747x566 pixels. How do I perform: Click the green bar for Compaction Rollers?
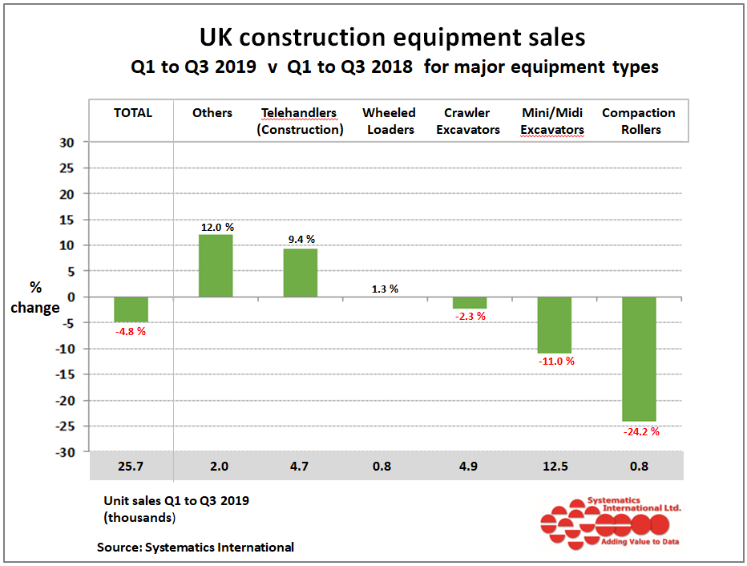(x=639, y=359)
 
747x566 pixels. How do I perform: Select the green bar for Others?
(x=216, y=265)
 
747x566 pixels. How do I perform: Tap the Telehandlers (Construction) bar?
(x=300, y=273)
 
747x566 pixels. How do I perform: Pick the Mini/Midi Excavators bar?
(x=555, y=325)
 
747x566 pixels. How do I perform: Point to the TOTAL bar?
(x=131, y=309)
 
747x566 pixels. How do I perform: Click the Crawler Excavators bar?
(x=470, y=302)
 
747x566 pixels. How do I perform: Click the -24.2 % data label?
(x=640, y=431)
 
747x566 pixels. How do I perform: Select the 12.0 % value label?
(x=216, y=228)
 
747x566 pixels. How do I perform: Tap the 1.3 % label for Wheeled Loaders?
(x=385, y=289)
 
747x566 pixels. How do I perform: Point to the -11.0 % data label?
(x=556, y=361)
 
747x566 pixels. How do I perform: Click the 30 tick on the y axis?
(x=67, y=143)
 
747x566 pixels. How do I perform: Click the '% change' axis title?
(x=45, y=297)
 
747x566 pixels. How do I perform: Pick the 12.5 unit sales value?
(x=555, y=466)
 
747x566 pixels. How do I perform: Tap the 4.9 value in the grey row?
(x=470, y=466)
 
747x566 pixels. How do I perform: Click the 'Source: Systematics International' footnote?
(x=196, y=548)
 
